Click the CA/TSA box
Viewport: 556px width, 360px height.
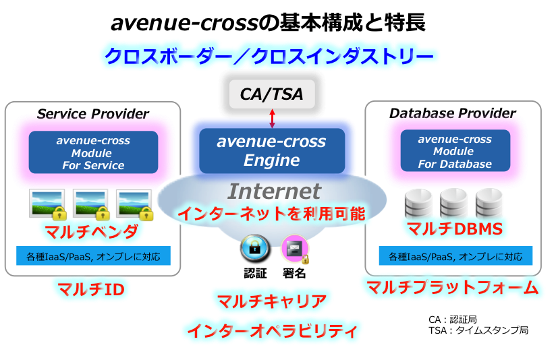tap(272, 94)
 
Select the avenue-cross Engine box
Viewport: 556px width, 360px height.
tap(271, 151)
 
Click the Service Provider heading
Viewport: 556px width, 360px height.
tap(93, 113)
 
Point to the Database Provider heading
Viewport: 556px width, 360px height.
tap(452, 113)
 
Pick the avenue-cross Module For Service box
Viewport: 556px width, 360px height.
tap(93, 153)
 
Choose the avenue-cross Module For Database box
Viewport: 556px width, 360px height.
tap(453, 152)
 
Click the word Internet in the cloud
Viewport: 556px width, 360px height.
tap(273, 191)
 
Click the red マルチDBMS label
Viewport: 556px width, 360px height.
tap(453, 229)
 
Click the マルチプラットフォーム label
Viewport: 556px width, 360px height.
tap(453, 289)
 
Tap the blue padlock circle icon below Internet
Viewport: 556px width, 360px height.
tap(254, 248)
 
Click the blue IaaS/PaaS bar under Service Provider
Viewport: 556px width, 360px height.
tap(93, 256)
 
